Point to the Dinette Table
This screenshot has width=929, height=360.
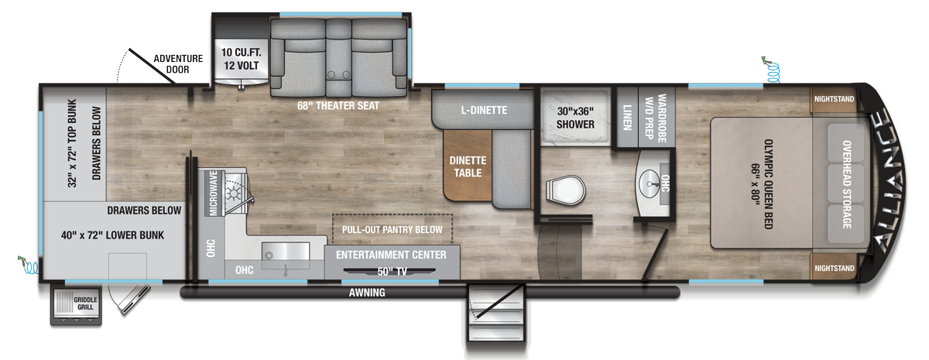[x=466, y=166]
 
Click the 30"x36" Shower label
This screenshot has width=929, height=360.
[x=575, y=117]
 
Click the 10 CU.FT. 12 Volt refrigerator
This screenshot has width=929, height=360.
[x=238, y=59]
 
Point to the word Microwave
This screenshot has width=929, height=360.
[x=211, y=194]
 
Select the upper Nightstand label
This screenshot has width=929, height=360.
[x=835, y=99]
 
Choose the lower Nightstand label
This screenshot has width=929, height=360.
[x=835, y=268]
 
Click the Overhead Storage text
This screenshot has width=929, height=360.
[x=845, y=184]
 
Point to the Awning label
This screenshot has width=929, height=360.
[x=367, y=293]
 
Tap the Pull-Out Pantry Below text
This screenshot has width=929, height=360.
[x=393, y=230]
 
